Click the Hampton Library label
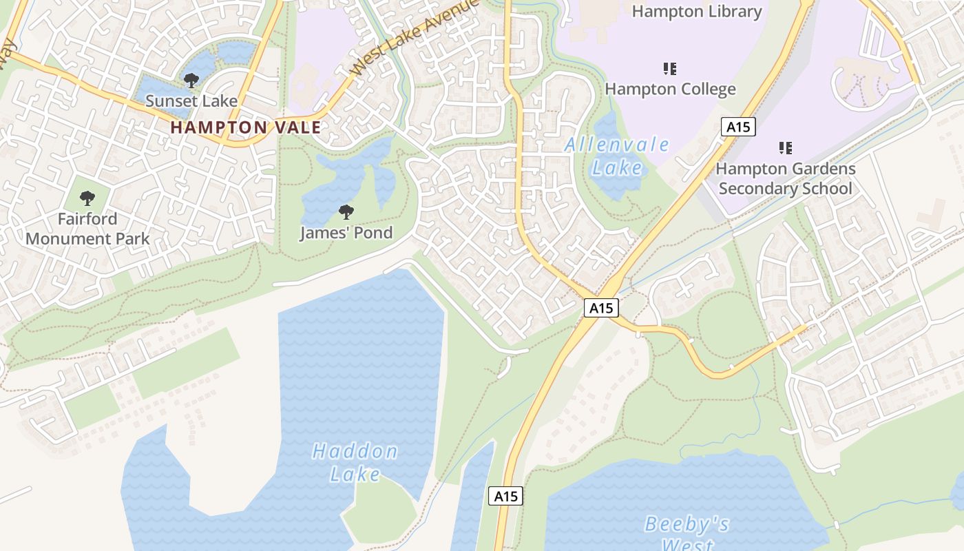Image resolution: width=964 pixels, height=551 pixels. coord(697,12)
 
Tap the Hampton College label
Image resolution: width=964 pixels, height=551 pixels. coord(670,89)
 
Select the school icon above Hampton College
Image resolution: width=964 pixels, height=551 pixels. coord(670,68)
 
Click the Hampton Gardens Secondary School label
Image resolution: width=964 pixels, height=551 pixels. coord(785,178)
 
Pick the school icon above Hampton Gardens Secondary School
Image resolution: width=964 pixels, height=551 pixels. coord(785,147)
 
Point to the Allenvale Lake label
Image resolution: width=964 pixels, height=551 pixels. coord(617,156)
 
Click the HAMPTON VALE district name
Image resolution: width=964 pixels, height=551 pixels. coord(246,127)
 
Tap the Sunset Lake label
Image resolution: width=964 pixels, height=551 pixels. coord(191,101)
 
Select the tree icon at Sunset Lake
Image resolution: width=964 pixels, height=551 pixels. coord(191,81)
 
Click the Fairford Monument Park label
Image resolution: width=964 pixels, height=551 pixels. coord(87,229)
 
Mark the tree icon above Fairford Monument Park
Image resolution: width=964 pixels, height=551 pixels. coord(87,198)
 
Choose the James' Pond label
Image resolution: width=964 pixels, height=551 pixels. coord(346,233)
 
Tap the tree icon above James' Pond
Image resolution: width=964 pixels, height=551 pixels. coord(346,211)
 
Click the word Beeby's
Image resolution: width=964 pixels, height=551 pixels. coord(687,525)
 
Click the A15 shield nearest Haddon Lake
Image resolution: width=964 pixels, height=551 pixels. coord(506,496)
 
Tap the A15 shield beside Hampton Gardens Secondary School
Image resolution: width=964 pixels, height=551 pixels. coord(739,127)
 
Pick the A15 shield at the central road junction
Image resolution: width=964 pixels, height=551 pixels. coord(602,308)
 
